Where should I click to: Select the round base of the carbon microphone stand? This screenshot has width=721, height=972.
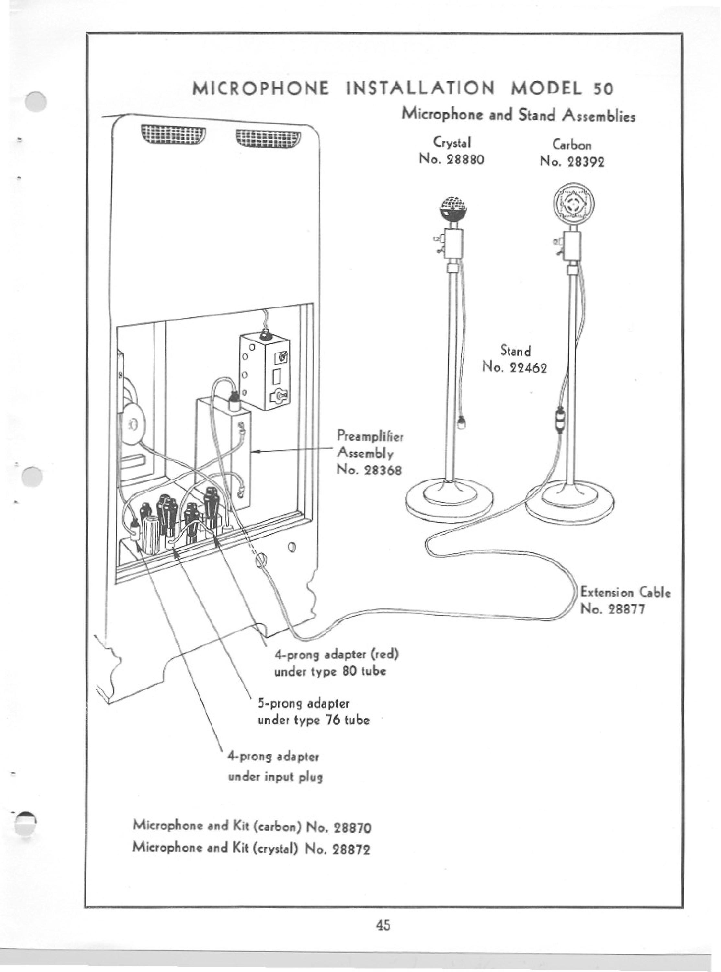coord(569,502)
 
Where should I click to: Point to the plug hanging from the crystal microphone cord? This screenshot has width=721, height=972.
coord(461,423)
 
